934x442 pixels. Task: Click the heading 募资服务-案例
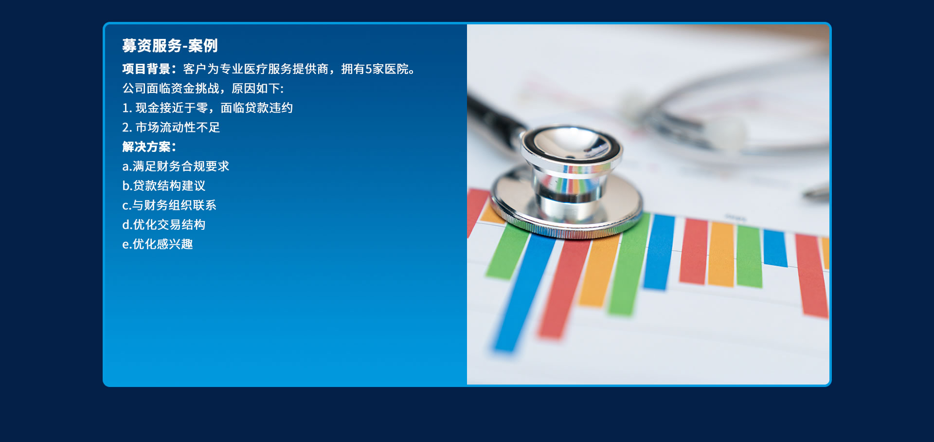point(170,46)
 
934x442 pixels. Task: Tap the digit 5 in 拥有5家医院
point(368,69)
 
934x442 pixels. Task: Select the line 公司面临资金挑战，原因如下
point(203,89)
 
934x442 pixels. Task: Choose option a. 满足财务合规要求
point(176,166)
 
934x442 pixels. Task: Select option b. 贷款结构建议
point(164,186)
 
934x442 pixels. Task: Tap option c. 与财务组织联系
point(169,205)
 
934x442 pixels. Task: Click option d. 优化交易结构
point(164,225)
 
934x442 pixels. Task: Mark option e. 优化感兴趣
point(158,244)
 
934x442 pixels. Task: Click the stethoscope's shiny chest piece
point(567,183)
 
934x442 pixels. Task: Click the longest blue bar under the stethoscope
point(523,292)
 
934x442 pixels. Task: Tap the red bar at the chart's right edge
point(811,276)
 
